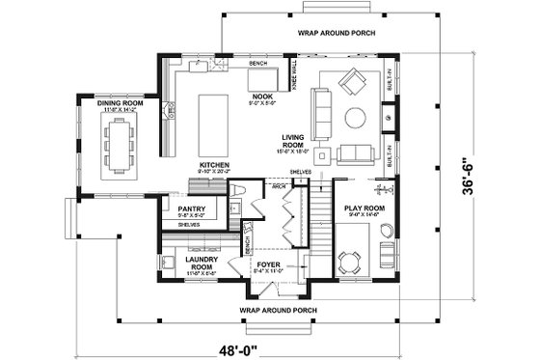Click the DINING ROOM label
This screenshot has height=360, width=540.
121,103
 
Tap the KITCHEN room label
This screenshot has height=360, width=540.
214,165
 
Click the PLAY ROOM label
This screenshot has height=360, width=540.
364,208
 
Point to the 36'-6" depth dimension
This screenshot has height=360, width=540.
495,170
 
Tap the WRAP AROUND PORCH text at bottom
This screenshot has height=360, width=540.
281,310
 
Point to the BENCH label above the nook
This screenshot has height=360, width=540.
257,63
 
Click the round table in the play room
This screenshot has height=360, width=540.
348,258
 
